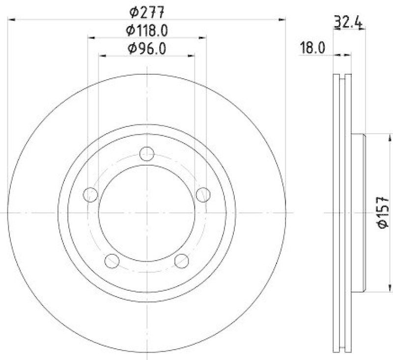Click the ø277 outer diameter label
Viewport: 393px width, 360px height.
147,11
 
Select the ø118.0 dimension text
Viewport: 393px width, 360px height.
147,30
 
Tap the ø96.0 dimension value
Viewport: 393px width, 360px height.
147,48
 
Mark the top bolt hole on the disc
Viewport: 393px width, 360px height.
147,154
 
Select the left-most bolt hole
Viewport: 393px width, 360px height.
90,195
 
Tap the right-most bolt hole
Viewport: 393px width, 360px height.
203,195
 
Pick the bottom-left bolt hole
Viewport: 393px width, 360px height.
112,261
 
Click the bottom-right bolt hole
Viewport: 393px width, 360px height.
182,261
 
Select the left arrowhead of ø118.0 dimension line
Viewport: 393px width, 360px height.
91,37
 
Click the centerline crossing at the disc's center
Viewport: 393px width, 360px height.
147,212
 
